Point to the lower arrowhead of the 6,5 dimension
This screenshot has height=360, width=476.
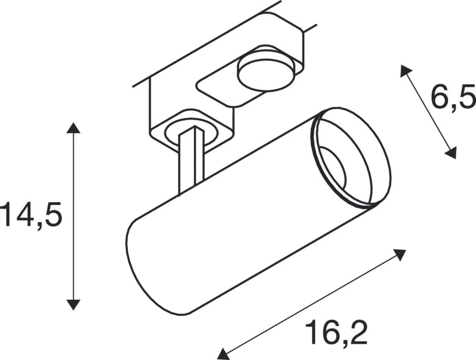pyautogui.click(x=452, y=153)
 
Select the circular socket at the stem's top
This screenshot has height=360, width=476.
pyautogui.click(x=188, y=132)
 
